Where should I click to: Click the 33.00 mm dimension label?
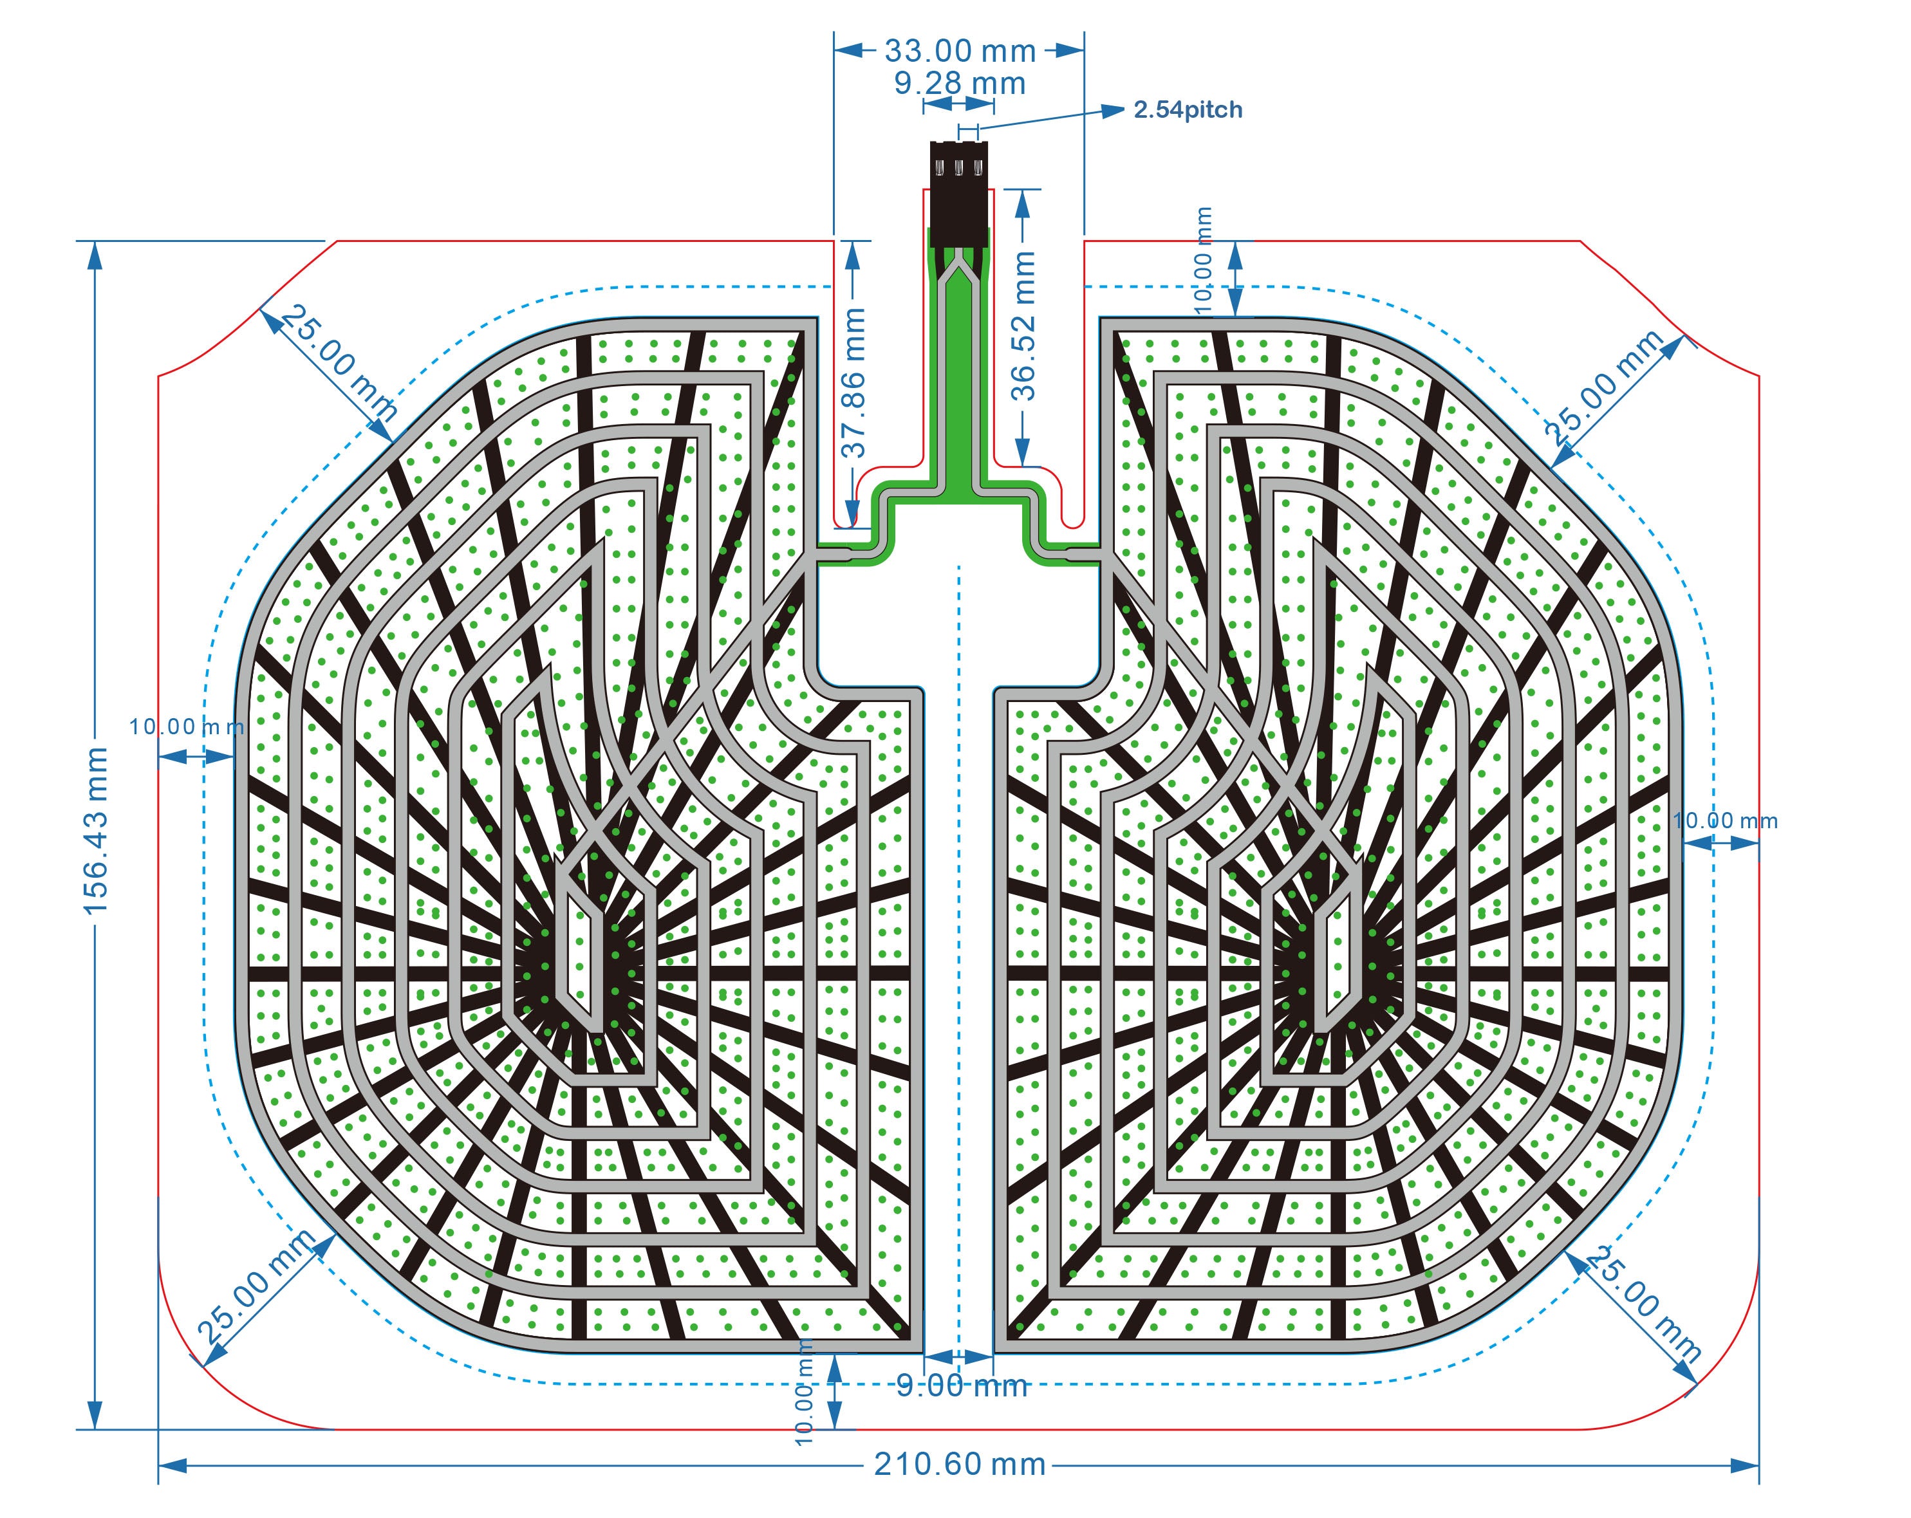960,51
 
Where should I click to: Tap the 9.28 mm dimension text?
960,83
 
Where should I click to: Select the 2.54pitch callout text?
1188,110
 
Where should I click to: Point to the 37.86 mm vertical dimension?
853,382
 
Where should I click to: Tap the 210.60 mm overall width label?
960,1464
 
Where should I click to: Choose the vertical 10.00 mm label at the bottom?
804,1392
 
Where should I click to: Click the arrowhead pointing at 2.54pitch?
1112,111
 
